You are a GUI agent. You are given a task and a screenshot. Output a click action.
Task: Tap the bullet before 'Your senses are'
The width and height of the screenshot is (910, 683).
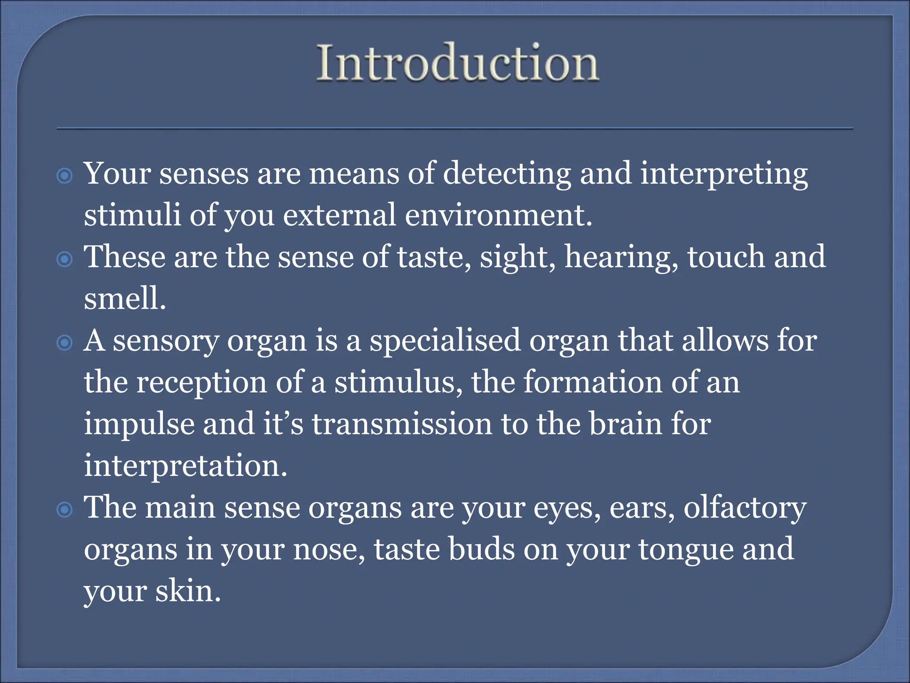[x=65, y=176]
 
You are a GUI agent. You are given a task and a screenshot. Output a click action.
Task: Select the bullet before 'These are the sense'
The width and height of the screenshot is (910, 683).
[x=65, y=259]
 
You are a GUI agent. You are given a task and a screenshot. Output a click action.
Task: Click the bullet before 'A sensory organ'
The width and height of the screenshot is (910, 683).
[x=65, y=343]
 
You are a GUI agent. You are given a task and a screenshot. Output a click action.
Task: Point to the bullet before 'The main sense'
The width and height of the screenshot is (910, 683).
[x=65, y=510]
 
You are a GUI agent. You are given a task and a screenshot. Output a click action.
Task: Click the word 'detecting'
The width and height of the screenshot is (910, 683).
[x=507, y=174]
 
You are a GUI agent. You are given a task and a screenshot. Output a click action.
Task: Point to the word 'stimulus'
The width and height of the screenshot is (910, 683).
[x=395, y=382]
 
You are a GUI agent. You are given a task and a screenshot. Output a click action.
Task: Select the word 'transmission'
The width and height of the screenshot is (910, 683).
[x=402, y=424]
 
